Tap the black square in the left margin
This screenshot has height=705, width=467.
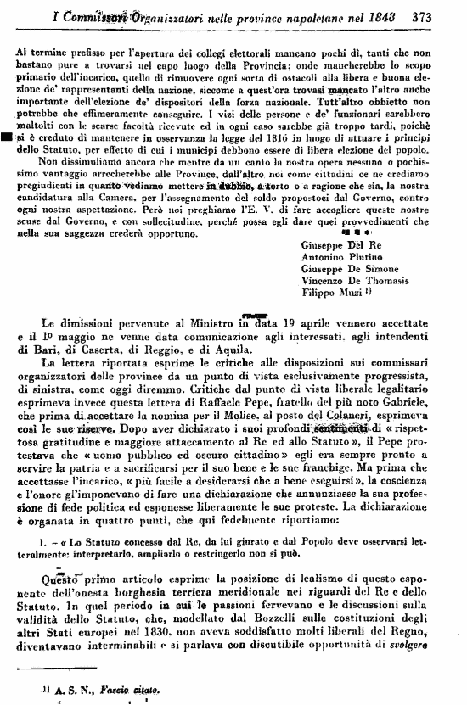click(x=7, y=136)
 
